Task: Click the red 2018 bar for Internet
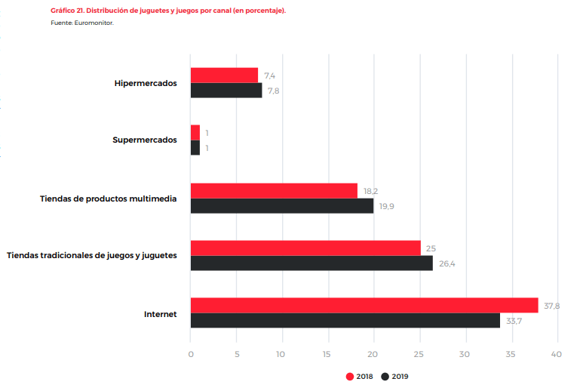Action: [364, 305]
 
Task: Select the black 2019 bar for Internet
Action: [345, 320]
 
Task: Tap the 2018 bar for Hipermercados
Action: [224, 75]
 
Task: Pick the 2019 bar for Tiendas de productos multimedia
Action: [282, 205]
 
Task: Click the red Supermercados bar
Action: [195, 133]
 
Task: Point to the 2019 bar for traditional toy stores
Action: [311, 263]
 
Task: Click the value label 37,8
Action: [551, 306]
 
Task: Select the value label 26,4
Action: [447, 263]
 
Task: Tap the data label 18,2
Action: [370, 191]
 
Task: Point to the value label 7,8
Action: [274, 91]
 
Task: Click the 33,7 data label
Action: [514, 321]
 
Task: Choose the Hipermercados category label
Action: [146, 83]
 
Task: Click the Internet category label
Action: [160, 313]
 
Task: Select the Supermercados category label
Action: [145, 140]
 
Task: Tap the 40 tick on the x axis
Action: [557, 354]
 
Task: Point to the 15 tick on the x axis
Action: [327, 354]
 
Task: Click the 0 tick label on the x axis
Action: [191, 354]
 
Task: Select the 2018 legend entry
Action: [361, 376]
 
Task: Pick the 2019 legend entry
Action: [396, 376]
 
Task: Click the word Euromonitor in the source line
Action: [97, 23]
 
